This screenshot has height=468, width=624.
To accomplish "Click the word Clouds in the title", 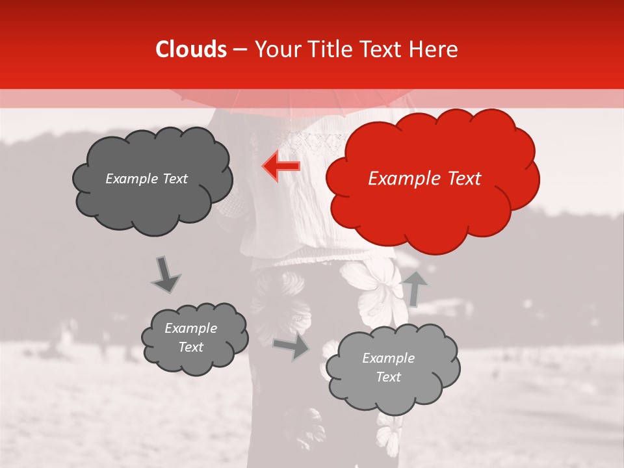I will (x=191, y=49).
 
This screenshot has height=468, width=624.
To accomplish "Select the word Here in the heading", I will (x=434, y=49).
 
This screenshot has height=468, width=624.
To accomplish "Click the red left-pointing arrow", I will (x=282, y=166).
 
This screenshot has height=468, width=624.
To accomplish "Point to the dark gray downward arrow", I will (x=165, y=274).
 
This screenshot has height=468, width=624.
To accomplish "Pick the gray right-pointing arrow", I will (x=291, y=346).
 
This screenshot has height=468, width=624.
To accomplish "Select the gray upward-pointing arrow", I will (x=415, y=287).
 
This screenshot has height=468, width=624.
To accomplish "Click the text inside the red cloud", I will (x=424, y=179).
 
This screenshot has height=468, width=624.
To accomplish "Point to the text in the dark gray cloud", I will (x=146, y=179).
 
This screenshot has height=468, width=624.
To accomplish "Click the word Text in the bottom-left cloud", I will (x=190, y=347).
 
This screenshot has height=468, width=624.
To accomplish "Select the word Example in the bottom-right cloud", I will (x=388, y=358).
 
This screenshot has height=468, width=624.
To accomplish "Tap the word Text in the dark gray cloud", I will (x=174, y=179).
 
